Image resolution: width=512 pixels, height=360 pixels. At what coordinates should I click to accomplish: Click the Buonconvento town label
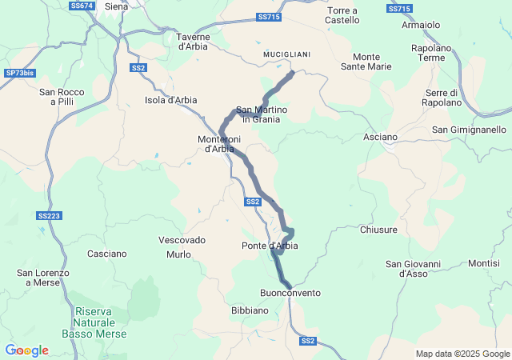pyautogui.click(x=290, y=293)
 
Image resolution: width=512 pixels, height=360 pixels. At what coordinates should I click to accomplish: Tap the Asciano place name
pyautogui.click(x=380, y=137)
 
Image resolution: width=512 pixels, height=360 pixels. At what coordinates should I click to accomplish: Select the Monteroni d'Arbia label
pyautogui.click(x=216, y=144)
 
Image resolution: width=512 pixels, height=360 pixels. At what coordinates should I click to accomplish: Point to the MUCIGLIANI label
pyautogui.click(x=286, y=54)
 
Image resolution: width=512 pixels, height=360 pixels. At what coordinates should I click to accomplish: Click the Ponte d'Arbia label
pyautogui.click(x=270, y=246)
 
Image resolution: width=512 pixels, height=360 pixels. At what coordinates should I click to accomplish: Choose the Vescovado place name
pyautogui.click(x=182, y=240)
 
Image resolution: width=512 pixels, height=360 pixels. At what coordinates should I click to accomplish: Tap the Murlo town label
pyautogui.click(x=178, y=254)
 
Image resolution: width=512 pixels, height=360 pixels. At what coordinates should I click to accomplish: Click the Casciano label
pyautogui.click(x=107, y=254)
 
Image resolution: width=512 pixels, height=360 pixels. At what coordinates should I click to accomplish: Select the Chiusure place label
pyautogui.click(x=378, y=230)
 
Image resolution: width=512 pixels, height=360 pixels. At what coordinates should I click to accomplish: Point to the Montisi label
pyautogui.click(x=484, y=263)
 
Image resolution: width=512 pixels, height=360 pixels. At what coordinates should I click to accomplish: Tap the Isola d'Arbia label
pyautogui.click(x=170, y=100)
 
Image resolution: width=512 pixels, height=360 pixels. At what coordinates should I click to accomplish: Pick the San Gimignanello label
pyautogui.click(x=469, y=130)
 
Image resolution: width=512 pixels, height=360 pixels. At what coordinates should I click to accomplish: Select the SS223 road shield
pyautogui.click(x=50, y=215)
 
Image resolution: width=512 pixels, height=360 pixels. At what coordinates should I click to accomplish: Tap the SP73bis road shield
pyautogui.click(x=20, y=73)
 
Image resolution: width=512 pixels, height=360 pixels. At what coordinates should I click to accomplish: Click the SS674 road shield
pyautogui.click(x=82, y=6)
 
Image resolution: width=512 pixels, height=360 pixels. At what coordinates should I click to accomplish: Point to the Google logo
pyautogui.click(x=27, y=350)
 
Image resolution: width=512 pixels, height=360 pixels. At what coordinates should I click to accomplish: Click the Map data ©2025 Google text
pyautogui.click(x=462, y=354)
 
